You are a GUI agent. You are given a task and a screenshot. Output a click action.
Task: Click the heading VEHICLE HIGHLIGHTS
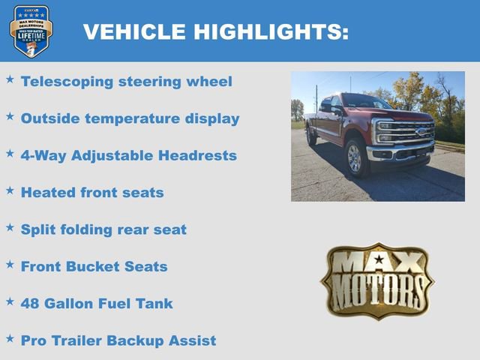[x=215, y=31]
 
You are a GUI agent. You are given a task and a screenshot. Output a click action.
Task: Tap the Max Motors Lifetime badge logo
[x=31, y=31]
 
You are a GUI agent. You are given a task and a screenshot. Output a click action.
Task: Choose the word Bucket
[x=95, y=266]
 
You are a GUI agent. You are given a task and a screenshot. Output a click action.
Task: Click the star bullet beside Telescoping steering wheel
[x=10, y=79]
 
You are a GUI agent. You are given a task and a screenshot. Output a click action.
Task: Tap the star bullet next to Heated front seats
[x=10, y=190]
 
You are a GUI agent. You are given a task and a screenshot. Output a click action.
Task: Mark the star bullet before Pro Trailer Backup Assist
[x=10, y=337]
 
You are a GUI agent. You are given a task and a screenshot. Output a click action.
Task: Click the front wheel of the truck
[x=354, y=158]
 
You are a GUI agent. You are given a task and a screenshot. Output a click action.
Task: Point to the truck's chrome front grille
[x=405, y=132]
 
